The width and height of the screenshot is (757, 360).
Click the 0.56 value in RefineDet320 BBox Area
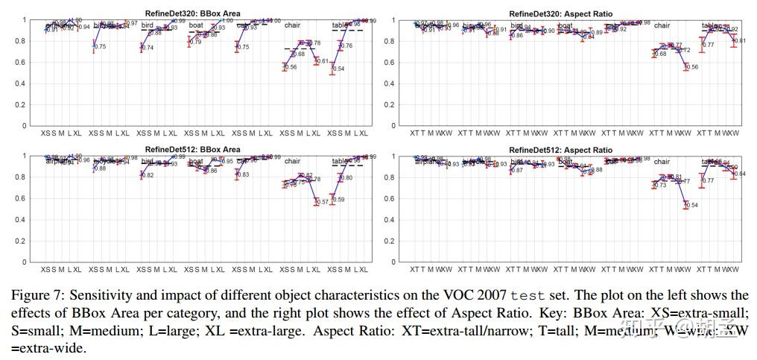pos(291,68)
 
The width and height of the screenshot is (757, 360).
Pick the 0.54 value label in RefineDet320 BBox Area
pos(338,69)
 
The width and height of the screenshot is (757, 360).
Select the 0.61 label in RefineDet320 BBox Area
pos(322,61)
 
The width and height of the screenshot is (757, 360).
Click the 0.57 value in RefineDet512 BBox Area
pos(322,202)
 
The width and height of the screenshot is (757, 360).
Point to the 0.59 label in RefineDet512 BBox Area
pos(338,200)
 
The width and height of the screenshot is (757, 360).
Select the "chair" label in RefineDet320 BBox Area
pos(292,25)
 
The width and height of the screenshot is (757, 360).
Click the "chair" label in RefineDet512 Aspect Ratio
pos(662,162)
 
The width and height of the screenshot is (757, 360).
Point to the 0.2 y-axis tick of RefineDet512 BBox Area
pos(25,241)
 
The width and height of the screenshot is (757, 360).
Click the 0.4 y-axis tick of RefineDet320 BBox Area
pos(25,83)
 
